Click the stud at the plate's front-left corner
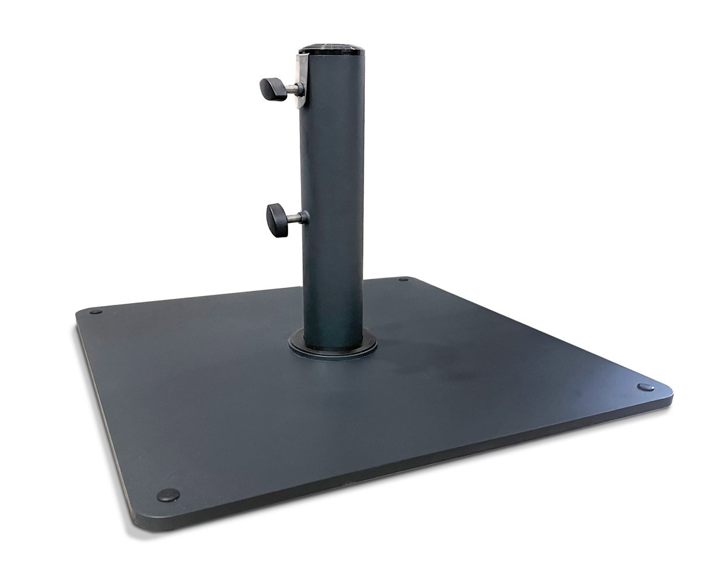(166, 495)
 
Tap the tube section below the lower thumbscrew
(331, 281)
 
